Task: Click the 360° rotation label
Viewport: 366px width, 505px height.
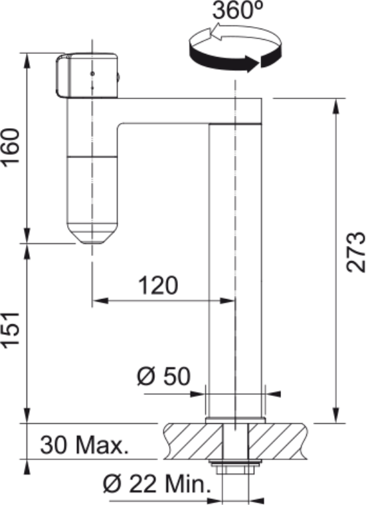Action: (x=238, y=11)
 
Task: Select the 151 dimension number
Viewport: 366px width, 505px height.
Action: (x=11, y=330)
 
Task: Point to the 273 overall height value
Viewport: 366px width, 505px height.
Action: (x=355, y=252)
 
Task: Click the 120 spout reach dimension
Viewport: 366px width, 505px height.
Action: (x=158, y=285)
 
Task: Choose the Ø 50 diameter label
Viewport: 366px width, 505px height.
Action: (x=163, y=376)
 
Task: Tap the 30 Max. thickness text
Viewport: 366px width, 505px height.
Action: (x=84, y=445)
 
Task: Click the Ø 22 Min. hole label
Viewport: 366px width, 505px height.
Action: (x=157, y=483)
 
